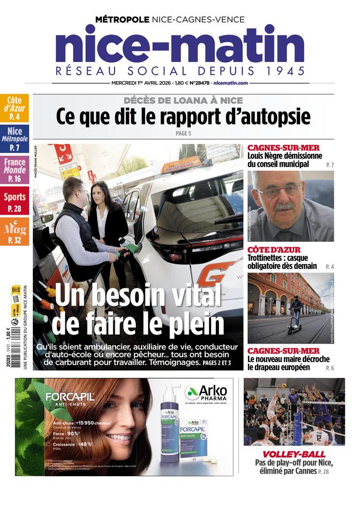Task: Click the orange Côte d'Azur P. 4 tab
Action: [15, 108]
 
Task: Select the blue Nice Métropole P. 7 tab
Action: [15, 139]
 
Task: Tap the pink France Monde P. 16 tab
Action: [15, 170]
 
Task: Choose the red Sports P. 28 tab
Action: [15, 201]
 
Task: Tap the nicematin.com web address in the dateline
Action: [231, 83]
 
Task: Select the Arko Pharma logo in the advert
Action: [206, 393]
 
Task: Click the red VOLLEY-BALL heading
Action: [294, 454]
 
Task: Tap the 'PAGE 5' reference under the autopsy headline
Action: [183, 134]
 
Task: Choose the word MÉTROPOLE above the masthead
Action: [122, 20]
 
